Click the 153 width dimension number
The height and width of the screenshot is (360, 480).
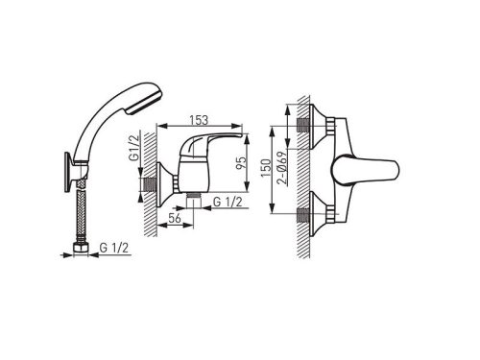[199, 120]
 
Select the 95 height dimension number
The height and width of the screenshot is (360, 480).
[242, 163]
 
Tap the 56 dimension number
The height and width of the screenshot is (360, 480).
[175, 218]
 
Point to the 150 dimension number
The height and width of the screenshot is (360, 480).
[265, 168]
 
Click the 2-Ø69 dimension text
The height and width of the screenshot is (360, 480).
[282, 168]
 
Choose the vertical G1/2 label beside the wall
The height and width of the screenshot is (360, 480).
[134, 148]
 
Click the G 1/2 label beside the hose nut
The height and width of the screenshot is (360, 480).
[114, 248]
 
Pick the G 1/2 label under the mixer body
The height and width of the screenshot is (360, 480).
[228, 202]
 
